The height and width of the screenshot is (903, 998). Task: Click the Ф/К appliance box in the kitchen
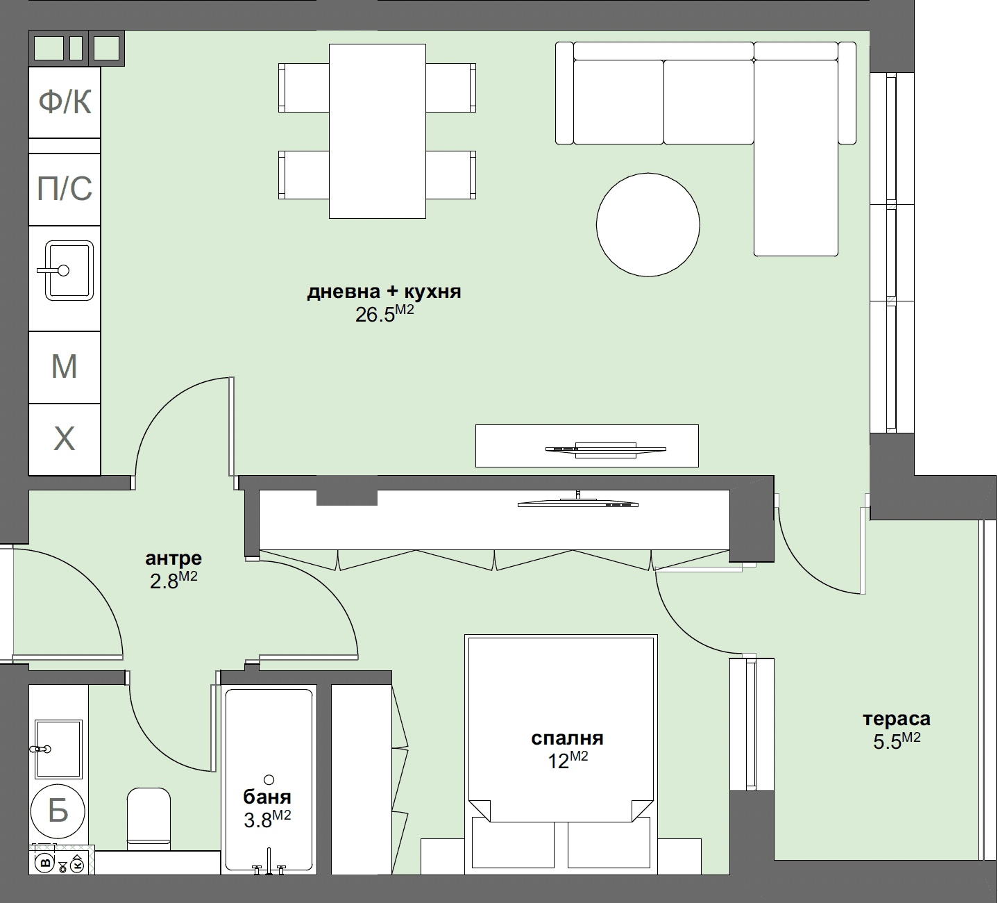65,102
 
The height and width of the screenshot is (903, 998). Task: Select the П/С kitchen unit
65,189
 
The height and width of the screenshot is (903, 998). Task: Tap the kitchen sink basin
69,270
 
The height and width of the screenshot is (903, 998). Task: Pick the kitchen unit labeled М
65,367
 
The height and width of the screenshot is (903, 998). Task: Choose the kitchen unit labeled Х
65,439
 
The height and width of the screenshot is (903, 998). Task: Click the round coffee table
648,224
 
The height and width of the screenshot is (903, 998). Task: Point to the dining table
377,131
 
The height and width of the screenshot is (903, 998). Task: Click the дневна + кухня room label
384,292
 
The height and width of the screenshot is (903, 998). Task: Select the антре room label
174,558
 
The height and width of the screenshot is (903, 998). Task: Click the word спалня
567,738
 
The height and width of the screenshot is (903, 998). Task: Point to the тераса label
896,719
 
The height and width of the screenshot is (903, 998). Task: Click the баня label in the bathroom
267,797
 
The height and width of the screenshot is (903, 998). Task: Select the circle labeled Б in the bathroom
58,811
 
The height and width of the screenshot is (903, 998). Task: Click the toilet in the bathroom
149,818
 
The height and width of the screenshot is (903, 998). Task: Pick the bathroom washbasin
59,749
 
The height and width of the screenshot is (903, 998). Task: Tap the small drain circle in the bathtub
269,779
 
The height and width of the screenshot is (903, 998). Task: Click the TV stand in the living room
586,445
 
